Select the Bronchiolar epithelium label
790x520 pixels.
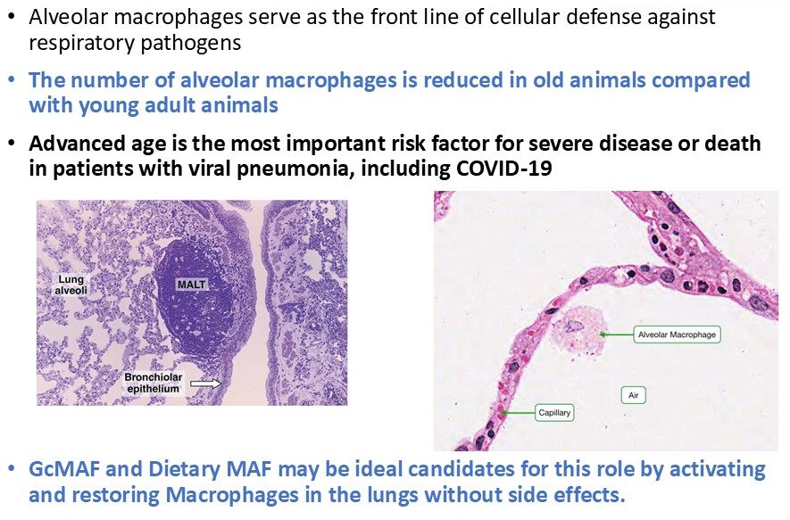(x=152, y=384)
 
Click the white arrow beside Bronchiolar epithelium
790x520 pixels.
(x=205, y=384)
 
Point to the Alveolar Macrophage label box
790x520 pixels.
(x=677, y=334)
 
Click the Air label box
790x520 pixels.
(x=636, y=394)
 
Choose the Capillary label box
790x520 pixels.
(x=554, y=413)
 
